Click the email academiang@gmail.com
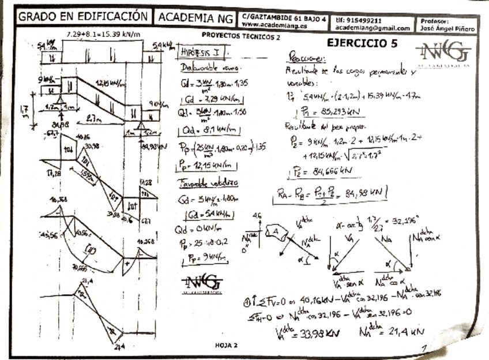[x=373, y=28]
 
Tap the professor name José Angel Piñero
[x=447, y=28]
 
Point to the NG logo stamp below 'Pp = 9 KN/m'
[x=202, y=282]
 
